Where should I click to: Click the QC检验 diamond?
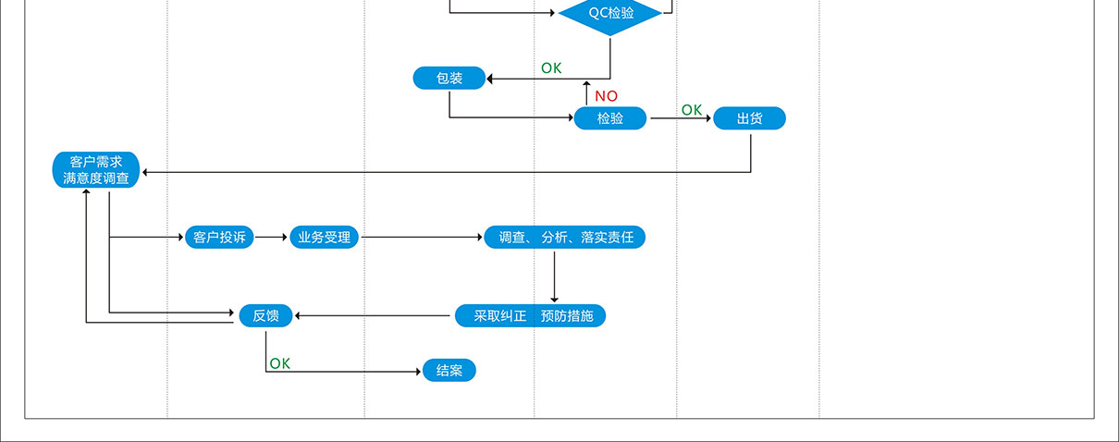[610, 14]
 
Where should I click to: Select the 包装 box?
[449, 79]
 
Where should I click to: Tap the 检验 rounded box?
[610, 118]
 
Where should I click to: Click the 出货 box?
[749, 118]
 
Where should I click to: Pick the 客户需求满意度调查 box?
[96, 170]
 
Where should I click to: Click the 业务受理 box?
[324, 238]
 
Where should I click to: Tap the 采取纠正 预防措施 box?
[531, 316]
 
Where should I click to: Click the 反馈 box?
[265, 316]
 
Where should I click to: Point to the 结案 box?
[449, 372]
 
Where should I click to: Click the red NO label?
[607, 96]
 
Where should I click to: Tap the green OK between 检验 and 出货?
[692, 110]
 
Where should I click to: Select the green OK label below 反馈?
[279, 363]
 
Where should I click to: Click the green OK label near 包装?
[551, 68]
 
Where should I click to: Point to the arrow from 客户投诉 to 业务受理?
[272, 238]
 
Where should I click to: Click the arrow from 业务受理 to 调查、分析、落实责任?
[422, 238]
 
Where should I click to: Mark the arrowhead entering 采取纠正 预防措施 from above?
[554, 299]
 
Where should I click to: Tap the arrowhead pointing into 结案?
[418, 372]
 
